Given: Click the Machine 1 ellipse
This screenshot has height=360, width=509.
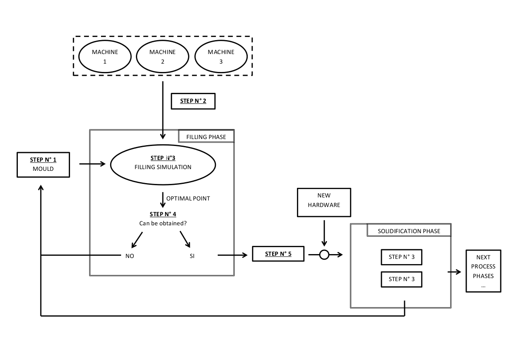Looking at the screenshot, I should pyautogui.click(x=104, y=57).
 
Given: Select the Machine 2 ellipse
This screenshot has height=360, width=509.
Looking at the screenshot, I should pyautogui.click(x=162, y=57).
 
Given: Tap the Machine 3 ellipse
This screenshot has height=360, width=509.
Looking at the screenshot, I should pyautogui.click(x=221, y=57).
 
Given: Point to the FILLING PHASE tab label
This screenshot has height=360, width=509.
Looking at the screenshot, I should pyautogui.click(x=206, y=136).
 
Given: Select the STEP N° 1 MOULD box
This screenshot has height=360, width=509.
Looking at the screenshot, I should pyautogui.click(x=43, y=165).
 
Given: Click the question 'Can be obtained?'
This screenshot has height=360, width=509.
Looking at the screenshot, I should pyautogui.click(x=163, y=223).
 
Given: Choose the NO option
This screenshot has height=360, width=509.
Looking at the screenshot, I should pyautogui.click(x=130, y=256).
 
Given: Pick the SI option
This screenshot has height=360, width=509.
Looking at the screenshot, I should pyautogui.click(x=192, y=256).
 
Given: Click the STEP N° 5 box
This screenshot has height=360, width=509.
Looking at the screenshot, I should pyautogui.click(x=278, y=254).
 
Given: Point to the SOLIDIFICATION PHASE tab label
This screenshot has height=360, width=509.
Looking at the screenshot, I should pyautogui.click(x=409, y=231).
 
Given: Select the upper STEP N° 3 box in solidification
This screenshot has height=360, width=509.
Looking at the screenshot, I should pyautogui.click(x=401, y=257).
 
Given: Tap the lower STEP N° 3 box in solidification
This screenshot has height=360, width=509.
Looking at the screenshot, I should pyautogui.click(x=401, y=279).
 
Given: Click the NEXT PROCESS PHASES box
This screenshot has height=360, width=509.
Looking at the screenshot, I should pyautogui.click(x=483, y=271).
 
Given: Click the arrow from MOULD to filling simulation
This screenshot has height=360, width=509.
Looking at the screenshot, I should pyautogui.click(x=92, y=164).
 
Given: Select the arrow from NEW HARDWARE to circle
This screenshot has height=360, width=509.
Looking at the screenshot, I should pyautogui.click(x=324, y=233).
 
